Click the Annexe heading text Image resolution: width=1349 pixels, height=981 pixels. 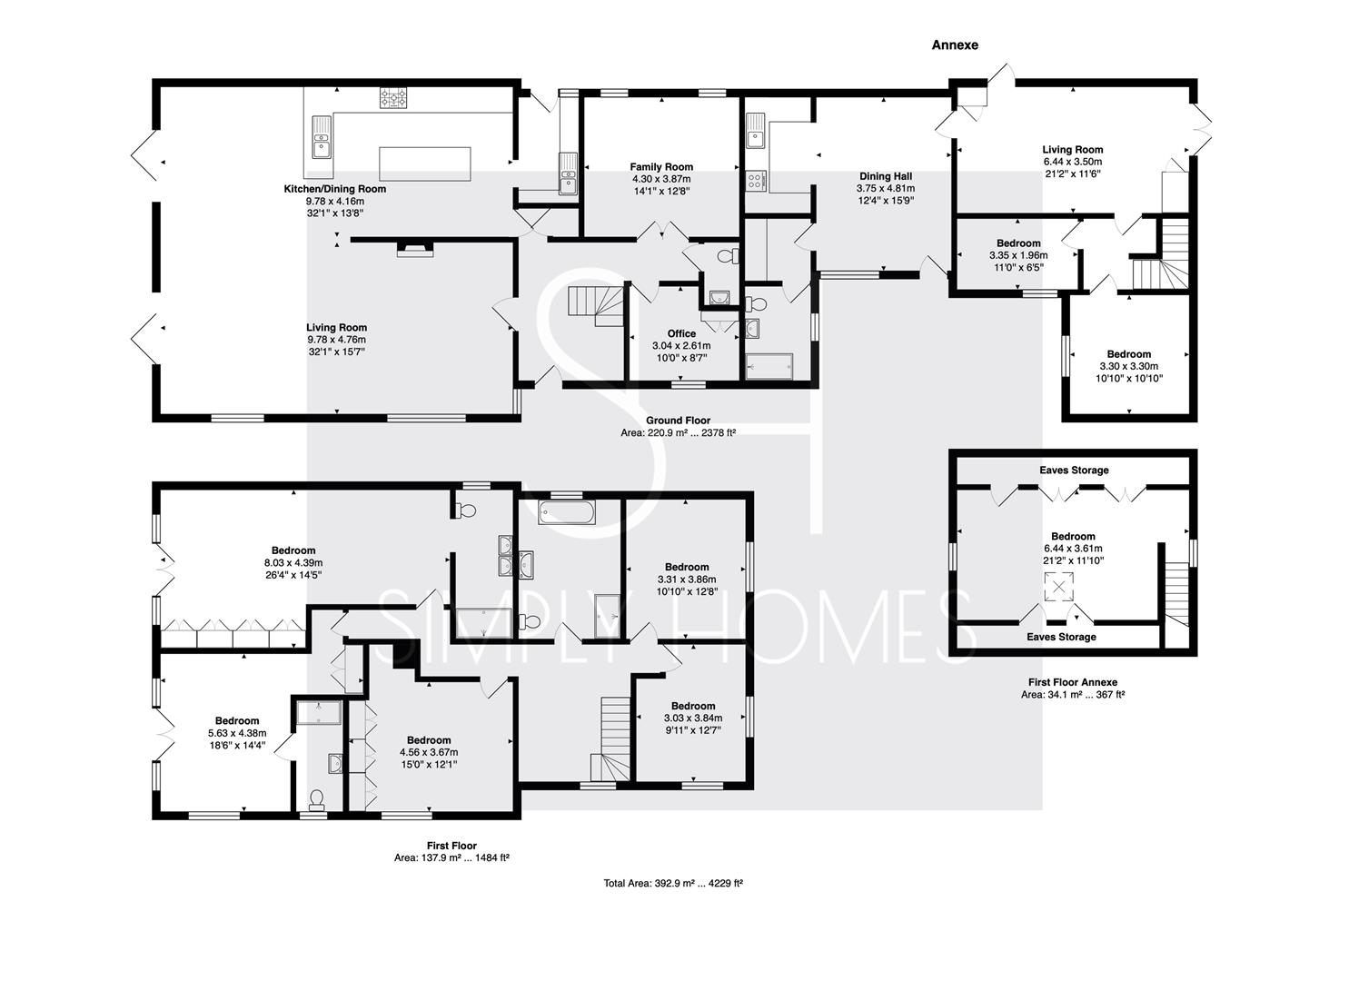click(955, 45)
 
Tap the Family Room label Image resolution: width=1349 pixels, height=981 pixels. click(661, 167)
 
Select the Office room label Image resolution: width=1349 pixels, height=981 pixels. click(681, 333)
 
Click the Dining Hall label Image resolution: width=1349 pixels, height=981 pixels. click(886, 176)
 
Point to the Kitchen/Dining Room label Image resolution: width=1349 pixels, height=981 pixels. click(335, 189)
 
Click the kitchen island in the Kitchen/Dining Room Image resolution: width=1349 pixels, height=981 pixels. click(424, 163)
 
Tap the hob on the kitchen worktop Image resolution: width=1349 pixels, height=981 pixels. click(393, 98)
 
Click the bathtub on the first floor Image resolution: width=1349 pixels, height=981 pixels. click(566, 512)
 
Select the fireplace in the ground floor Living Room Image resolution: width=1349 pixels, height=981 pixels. click(415, 250)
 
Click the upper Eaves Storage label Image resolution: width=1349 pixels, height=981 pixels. click(1074, 471)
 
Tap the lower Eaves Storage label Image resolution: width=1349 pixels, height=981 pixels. click(1061, 637)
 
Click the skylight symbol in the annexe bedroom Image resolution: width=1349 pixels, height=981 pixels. click(1058, 587)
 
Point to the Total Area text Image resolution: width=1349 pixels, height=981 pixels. click(673, 884)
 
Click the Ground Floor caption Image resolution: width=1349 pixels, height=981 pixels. click(678, 421)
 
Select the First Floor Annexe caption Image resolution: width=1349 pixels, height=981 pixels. click(1073, 682)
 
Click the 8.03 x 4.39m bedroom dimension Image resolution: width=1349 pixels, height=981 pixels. click(293, 563)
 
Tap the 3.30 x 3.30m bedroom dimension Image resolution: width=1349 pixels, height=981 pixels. click(1128, 367)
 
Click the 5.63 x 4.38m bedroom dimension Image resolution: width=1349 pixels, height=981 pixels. click(237, 734)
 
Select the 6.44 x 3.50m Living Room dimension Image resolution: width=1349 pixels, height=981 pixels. click(1073, 162)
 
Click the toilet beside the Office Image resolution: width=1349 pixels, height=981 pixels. click(729, 256)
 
